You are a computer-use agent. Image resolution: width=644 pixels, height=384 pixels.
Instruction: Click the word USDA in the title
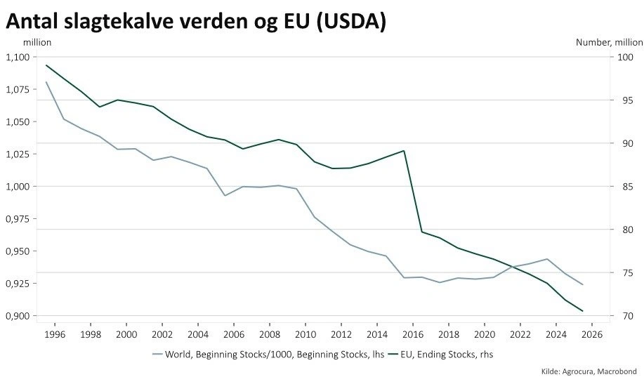click(x=351, y=21)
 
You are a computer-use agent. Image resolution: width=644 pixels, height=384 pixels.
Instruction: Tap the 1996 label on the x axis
click(x=55, y=333)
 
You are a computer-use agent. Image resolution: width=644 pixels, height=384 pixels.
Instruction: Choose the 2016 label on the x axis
click(x=413, y=333)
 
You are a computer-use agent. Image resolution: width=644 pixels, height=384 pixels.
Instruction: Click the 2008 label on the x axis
click(x=270, y=333)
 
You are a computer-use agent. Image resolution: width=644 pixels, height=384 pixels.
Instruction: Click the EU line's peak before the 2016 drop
click(x=404, y=150)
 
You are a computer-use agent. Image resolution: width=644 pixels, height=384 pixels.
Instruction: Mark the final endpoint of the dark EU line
click(x=583, y=311)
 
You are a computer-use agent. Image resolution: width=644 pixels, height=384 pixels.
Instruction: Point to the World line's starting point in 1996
click(x=46, y=82)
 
